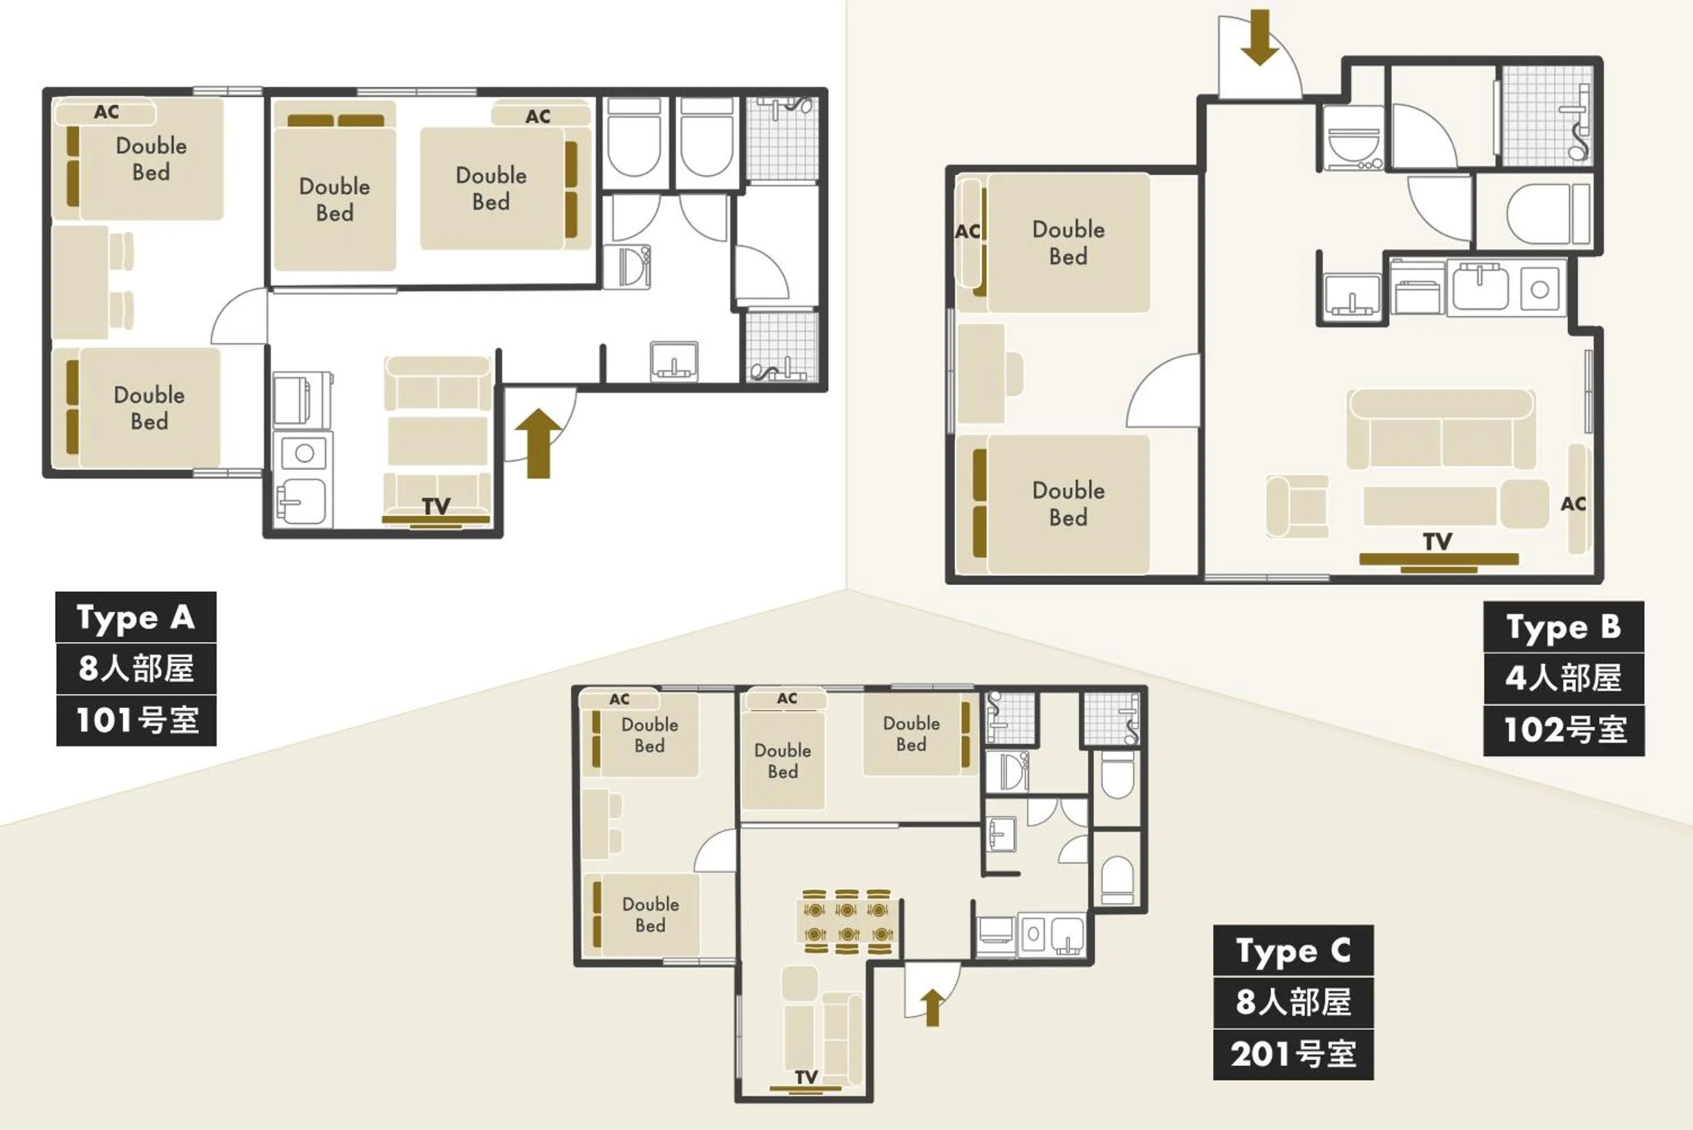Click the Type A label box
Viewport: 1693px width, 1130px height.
(135, 618)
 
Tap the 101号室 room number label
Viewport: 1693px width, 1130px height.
(136, 720)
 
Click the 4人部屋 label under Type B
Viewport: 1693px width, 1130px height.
(1563, 678)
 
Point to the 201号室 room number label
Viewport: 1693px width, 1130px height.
(1293, 1054)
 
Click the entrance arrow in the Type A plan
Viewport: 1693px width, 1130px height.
(538, 443)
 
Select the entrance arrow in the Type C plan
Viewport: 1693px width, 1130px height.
(932, 1007)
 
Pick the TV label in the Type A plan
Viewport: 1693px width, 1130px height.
(436, 507)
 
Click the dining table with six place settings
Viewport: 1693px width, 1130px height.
(847, 922)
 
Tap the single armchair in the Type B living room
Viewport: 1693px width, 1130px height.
(1297, 506)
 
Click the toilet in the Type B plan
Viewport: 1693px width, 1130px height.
(1542, 214)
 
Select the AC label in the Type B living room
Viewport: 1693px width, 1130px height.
(1573, 504)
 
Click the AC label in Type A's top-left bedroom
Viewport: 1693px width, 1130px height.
(107, 112)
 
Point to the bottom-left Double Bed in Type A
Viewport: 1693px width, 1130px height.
(148, 408)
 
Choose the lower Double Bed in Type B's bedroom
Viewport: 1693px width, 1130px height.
(1068, 504)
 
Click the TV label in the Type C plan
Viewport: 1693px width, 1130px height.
(806, 1077)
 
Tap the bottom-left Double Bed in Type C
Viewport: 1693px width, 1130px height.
(650, 914)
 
